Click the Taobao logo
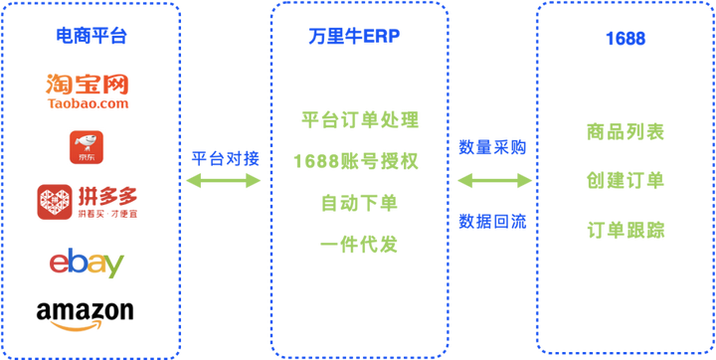pos(88,90)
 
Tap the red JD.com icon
pos(87,147)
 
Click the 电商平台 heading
pos(89,39)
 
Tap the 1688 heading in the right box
pos(626,39)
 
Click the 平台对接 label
pos(224,156)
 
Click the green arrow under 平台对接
pos(224,181)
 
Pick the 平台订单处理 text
pos(359,121)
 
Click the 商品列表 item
pos(626,132)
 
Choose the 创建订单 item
pos(626,181)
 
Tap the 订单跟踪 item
pos(626,231)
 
